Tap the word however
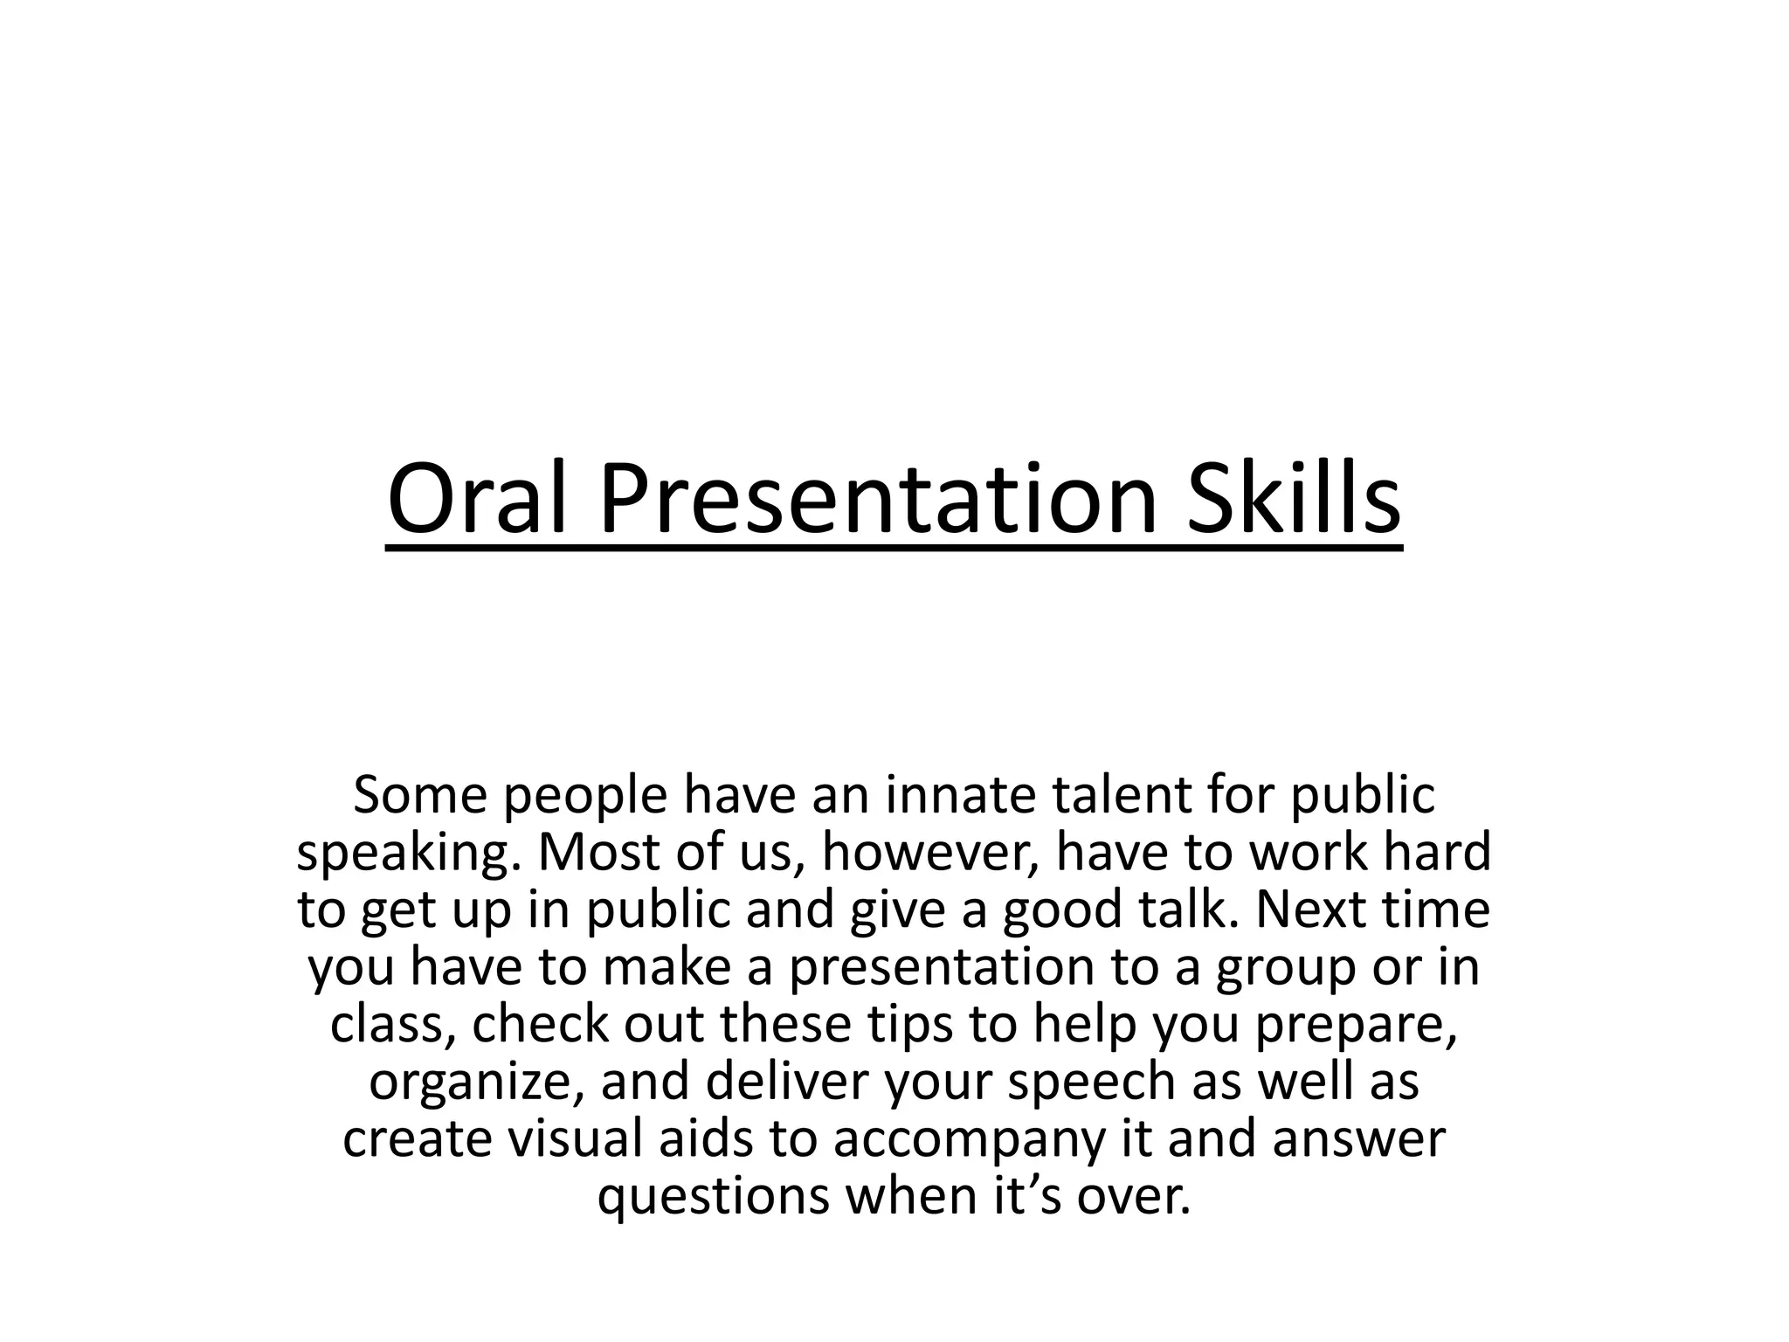(x=929, y=852)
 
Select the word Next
(x=1313, y=909)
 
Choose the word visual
(x=575, y=1138)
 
